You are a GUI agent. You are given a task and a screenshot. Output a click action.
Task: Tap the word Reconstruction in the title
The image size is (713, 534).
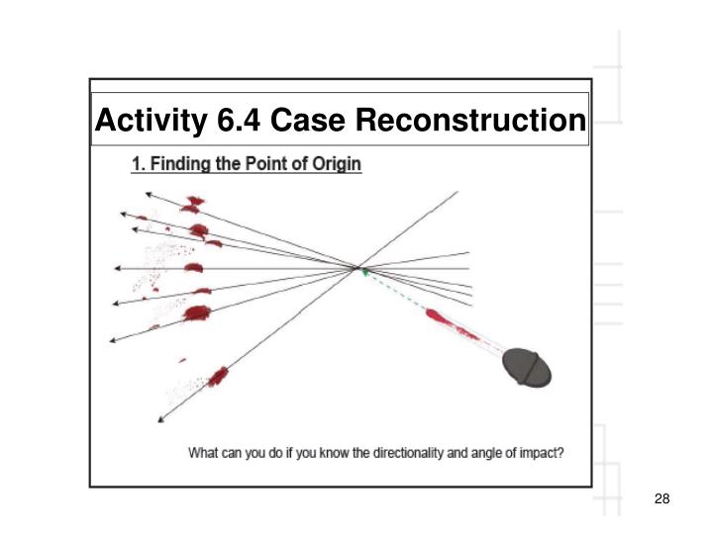[x=470, y=121]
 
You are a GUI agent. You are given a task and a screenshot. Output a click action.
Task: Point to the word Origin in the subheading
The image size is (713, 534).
[x=339, y=164]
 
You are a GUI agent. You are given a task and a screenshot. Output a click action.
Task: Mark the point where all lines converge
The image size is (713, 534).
[x=357, y=267]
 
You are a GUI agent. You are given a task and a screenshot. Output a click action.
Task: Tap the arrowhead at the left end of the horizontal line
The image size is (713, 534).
[x=117, y=268]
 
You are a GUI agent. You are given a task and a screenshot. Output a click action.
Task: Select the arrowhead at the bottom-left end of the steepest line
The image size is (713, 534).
[x=160, y=419]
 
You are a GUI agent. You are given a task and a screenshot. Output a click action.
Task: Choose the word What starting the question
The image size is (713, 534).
[x=205, y=455]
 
